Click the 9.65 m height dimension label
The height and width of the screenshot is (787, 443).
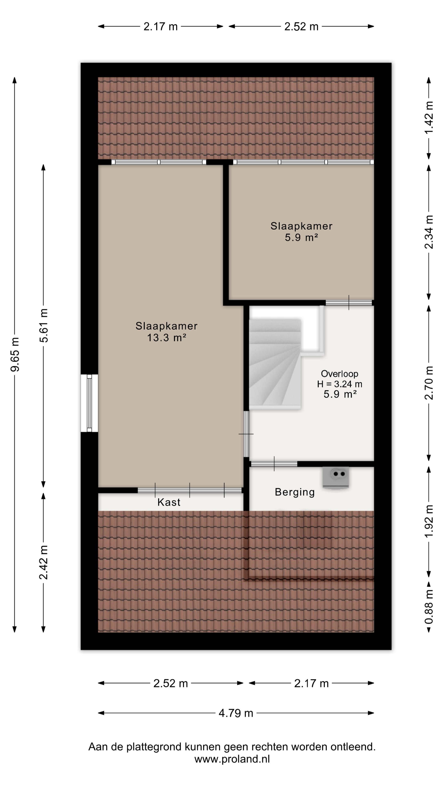(15, 354)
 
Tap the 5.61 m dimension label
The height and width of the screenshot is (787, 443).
(44, 326)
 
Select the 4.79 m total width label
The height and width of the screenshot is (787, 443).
(236, 713)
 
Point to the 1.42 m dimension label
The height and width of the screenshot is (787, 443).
(429, 117)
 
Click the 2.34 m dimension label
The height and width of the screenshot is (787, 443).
(429, 232)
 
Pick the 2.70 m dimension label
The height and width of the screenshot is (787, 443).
(429, 383)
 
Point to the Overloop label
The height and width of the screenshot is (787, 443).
(339, 374)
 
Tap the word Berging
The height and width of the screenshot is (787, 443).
(295, 492)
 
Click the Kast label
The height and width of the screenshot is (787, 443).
(169, 502)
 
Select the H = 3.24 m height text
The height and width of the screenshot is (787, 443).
(339, 384)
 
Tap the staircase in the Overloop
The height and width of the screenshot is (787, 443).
(275, 364)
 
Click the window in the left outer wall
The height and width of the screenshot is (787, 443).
(89, 403)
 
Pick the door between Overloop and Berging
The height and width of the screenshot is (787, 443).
(274, 464)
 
